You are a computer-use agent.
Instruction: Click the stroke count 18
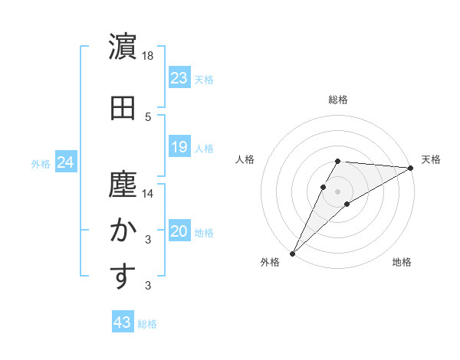coord(148,57)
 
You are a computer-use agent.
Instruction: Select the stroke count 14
coord(148,193)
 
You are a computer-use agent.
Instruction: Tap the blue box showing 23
coord(179,78)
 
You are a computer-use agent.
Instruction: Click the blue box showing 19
coord(179,148)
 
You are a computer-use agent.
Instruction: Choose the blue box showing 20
coord(179,232)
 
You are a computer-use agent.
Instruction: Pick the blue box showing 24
coord(66,162)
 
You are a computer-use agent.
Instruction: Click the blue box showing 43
coord(123,323)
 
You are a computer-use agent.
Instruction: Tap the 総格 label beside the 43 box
coord(147,324)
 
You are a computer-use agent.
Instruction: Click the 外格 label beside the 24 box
coord(41,163)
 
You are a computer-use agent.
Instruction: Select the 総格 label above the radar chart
coord(338,100)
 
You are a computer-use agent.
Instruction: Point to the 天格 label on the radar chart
coord(431,159)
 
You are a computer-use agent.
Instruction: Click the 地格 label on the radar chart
coord(402,262)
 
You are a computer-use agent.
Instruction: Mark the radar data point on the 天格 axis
coord(411,168)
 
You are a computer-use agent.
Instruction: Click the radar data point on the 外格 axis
coord(292,254)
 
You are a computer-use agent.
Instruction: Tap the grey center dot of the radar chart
coord(337,191)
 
